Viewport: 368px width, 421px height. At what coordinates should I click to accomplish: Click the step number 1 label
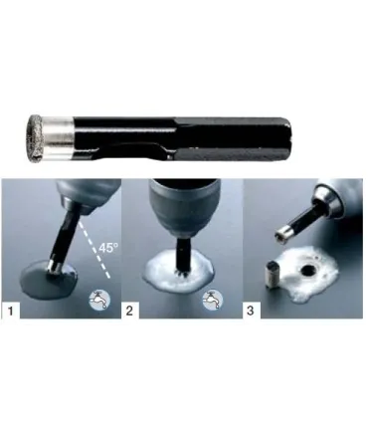11,311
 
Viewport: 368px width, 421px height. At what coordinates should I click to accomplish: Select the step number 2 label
129,311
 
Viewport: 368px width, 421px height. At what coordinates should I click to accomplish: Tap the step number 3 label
251,311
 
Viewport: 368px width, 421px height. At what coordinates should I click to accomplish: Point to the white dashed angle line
94,249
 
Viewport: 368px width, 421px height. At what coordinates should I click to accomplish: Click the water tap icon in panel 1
99,299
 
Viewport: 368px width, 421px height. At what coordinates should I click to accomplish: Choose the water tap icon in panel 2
213,301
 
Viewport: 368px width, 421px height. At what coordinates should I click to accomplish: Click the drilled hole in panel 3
308,271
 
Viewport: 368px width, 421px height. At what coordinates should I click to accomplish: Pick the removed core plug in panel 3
274,275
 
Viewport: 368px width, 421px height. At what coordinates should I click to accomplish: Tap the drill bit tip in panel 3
281,236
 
